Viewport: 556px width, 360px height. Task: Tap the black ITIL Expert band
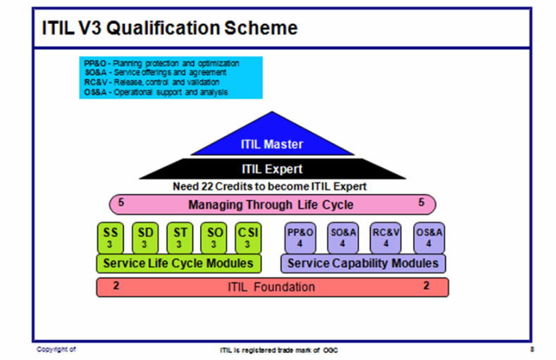click(272, 169)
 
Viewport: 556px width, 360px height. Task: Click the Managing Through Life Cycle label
click(271, 205)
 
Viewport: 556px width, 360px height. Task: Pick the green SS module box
click(111, 237)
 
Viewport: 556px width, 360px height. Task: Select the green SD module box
click(145, 237)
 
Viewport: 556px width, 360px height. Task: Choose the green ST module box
click(180, 237)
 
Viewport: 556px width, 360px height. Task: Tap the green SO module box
click(214, 237)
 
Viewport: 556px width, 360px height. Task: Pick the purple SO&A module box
click(342, 237)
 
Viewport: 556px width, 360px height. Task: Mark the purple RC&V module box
click(385, 237)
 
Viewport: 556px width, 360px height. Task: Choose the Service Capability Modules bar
click(363, 263)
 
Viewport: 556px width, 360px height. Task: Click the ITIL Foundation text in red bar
click(272, 287)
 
